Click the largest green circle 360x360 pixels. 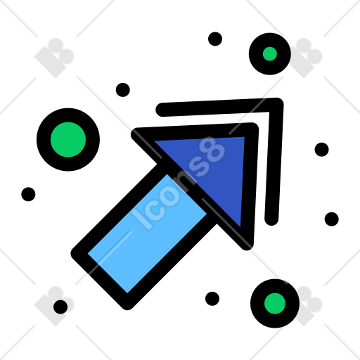68,140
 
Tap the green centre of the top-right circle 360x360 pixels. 270,54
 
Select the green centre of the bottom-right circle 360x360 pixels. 275,304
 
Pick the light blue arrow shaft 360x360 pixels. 147,233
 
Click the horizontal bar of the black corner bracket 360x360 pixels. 217,107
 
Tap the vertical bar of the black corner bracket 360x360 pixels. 274,162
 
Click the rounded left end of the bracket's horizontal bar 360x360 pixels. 162,110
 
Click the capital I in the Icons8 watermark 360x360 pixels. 141,220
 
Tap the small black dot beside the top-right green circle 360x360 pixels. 215,39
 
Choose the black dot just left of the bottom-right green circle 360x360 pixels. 212,299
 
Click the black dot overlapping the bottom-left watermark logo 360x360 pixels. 60,307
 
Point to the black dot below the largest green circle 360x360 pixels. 28,194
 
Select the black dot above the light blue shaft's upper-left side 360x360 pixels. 123,90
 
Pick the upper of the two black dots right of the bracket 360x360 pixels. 321,149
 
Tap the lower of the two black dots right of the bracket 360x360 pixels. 332,219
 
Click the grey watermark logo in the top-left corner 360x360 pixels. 54,58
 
